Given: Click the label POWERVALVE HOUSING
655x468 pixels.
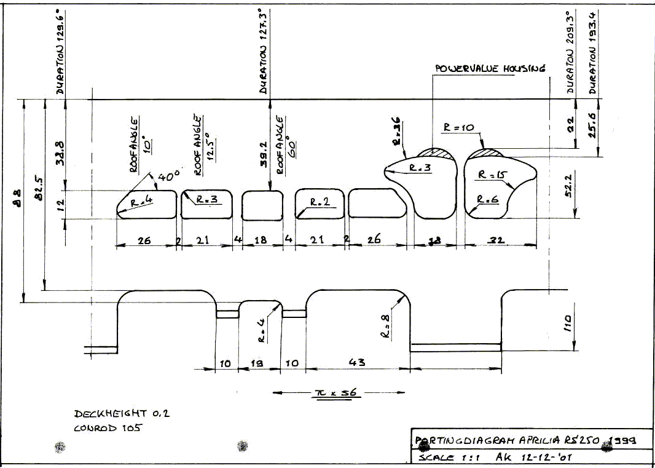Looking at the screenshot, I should [x=490, y=68].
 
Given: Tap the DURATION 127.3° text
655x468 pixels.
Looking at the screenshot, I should [x=263, y=52].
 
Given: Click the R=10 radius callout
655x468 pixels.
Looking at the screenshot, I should [x=458, y=127].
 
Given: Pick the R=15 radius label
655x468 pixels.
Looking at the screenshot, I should [x=492, y=175].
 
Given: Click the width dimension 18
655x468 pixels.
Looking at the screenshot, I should [x=261, y=240].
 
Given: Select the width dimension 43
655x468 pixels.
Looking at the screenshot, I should [x=358, y=363].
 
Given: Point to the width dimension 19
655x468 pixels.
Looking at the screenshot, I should [x=257, y=363].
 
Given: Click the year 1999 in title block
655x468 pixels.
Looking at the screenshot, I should [x=621, y=440].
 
